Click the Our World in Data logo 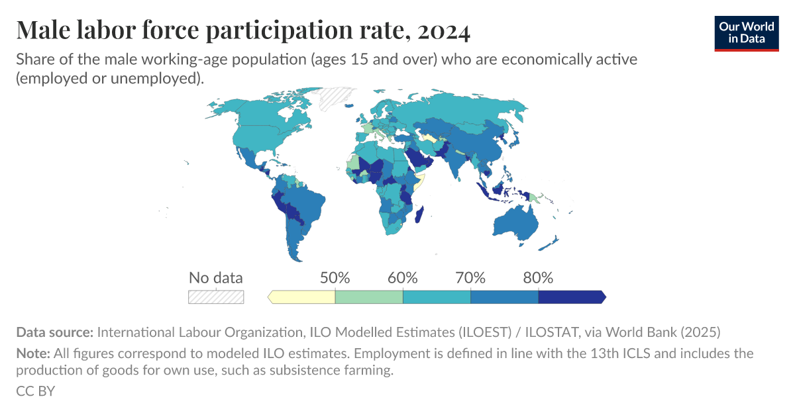click(746, 31)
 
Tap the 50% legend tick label click(335, 278)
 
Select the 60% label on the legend click(403, 278)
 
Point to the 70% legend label click(470, 278)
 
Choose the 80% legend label click(538, 278)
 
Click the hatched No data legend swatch click(216, 297)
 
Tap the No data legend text click(216, 278)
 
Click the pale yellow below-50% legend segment click(303, 297)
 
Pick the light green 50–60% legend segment click(369, 297)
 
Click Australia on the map click(514, 222)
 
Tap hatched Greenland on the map click(337, 99)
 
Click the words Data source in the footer click(55, 332)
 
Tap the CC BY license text click(35, 391)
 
